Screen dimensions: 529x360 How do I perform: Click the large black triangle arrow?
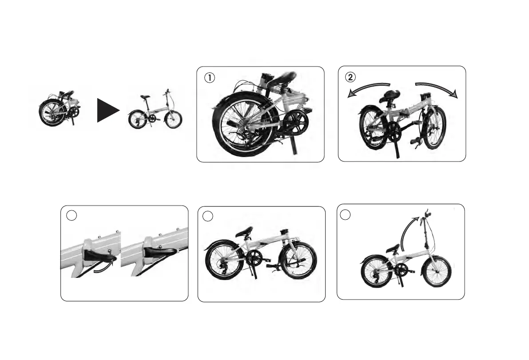tap(107, 110)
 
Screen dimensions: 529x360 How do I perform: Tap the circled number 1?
tap(209, 77)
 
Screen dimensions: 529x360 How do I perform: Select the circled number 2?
tap(351, 77)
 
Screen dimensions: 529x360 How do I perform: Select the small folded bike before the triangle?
tap(59, 108)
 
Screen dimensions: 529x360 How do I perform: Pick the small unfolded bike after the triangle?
tap(155, 111)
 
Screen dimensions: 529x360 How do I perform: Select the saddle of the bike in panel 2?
tap(389, 95)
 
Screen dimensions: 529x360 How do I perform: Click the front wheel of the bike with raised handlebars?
tap(437, 271)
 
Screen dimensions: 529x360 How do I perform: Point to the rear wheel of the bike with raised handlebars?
tap(376, 272)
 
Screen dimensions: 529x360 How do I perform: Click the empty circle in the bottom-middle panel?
tap(208, 216)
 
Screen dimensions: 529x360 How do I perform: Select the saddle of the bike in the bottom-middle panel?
tap(244, 231)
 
